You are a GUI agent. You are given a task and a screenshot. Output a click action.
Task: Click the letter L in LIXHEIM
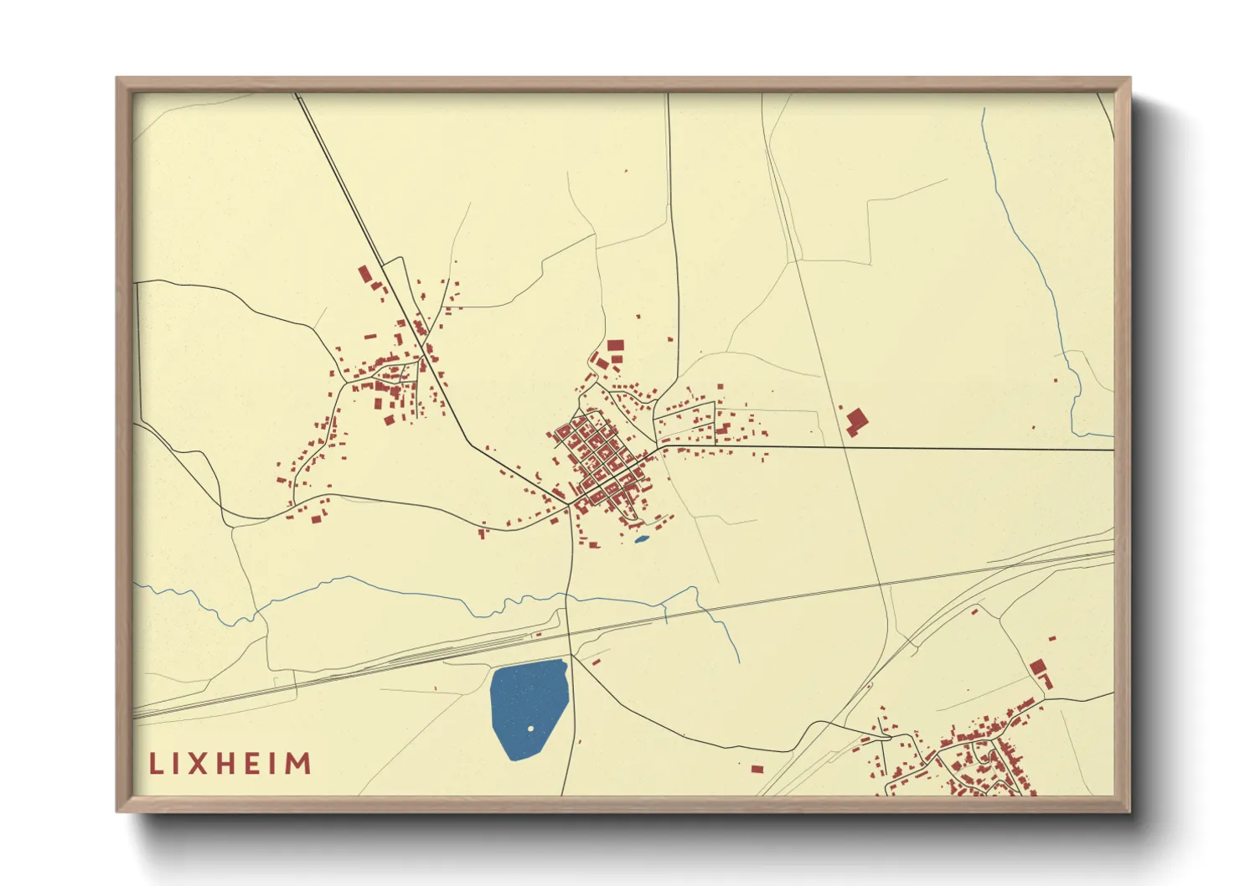[x=156, y=764]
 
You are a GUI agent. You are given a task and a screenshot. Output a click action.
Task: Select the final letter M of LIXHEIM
[x=298, y=764]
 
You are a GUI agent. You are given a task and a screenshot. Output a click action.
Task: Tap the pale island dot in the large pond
[x=530, y=729]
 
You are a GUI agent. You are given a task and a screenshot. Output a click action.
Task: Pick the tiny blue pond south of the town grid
[x=641, y=539]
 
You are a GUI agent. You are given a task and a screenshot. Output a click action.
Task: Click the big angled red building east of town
[x=855, y=420]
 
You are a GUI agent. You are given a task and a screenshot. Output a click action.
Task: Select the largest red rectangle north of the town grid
[x=616, y=345]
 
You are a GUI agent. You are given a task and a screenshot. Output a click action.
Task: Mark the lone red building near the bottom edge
[x=757, y=769]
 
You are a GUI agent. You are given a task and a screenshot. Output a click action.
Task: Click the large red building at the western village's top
[x=364, y=275]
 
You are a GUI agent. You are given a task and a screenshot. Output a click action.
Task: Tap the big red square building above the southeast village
[x=1038, y=667]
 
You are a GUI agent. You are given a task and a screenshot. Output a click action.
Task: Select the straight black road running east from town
[x=922, y=448]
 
